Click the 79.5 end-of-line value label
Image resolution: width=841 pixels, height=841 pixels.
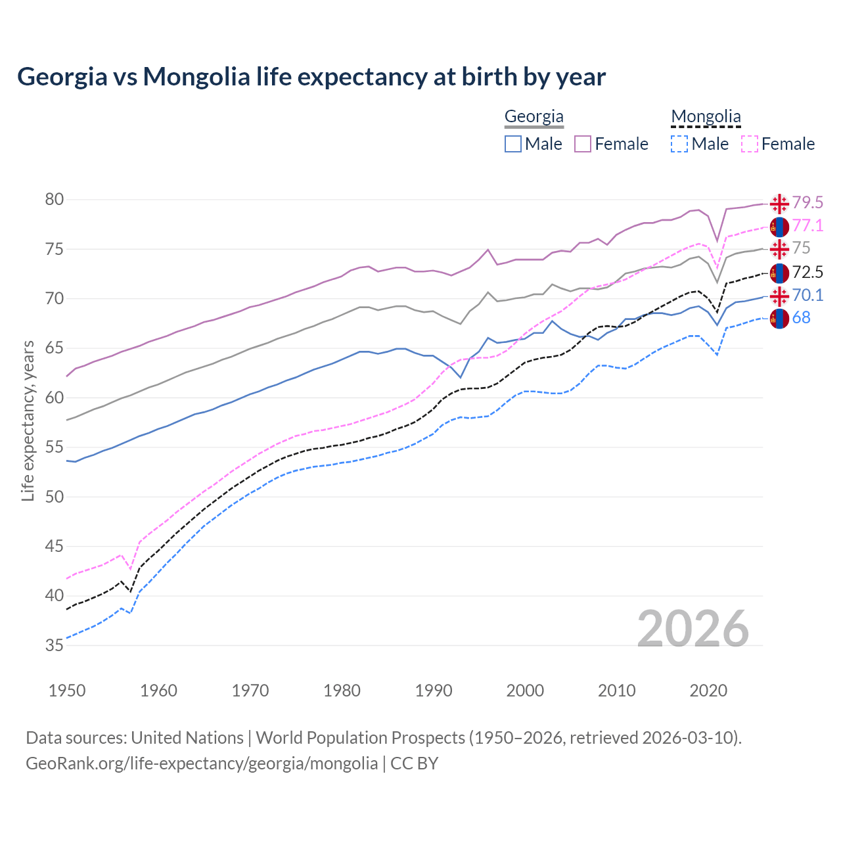[807, 202]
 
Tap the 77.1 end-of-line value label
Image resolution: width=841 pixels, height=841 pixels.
[807, 226]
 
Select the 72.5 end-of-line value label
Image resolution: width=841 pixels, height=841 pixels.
[807, 272]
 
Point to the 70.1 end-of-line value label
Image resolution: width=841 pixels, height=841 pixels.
[807, 296]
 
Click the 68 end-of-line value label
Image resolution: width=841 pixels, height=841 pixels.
[802, 318]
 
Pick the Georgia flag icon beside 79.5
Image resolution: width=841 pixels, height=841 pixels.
[779, 204]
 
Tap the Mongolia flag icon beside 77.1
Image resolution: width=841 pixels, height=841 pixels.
[779, 227]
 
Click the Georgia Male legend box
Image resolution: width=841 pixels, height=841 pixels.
[513, 144]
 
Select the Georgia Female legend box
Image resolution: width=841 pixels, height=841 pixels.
[583, 144]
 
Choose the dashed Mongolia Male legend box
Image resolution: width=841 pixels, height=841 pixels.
[680, 144]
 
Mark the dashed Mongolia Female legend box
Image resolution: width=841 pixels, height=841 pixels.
[750, 144]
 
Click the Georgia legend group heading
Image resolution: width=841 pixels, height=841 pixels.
[534, 117]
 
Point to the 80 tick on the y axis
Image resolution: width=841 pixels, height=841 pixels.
[54, 199]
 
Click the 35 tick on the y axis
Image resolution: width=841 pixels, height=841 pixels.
[54, 645]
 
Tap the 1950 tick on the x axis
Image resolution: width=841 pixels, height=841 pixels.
[67, 691]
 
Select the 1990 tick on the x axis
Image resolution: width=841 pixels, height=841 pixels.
[434, 691]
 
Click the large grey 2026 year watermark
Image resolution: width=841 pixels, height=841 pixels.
[693, 629]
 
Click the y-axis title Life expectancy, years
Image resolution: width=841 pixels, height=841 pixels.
[28, 420]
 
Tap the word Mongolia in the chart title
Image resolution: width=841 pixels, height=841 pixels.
[196, 77]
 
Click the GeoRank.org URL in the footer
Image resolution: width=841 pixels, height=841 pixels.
[202, 763]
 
